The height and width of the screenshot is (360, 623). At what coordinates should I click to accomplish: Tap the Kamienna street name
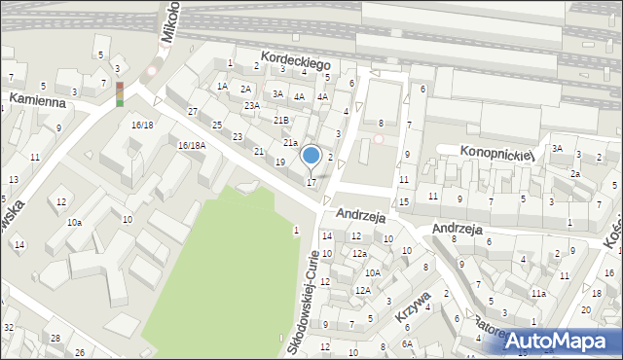tap(37, 100)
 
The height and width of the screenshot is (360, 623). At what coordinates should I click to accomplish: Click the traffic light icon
tap(120, 93)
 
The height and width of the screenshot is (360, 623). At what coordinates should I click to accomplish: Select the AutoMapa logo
tap(556, 341)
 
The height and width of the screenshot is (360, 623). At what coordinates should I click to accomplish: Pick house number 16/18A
tap(191, 145)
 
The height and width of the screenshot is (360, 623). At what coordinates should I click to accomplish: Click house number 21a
tap(290, 143)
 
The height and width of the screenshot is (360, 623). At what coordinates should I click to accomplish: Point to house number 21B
tap(280, 120)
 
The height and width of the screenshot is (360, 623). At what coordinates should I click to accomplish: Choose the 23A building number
tap(252, 105)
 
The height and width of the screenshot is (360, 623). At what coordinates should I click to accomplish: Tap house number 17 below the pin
tap(311, 182)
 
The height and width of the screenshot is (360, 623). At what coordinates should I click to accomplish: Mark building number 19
tap(280, 162)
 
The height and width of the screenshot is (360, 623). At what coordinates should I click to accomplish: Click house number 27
tap(193, 111)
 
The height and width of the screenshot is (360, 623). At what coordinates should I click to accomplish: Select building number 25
tap(217, 126)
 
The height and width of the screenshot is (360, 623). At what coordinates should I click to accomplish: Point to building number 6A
tap(409, 343)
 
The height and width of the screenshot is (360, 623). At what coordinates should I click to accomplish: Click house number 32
tap(8, 328)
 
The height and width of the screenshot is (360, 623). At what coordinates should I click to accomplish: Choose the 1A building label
tap(222, 86)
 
